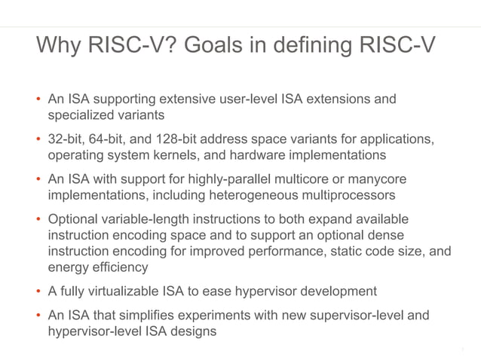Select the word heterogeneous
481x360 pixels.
(233, 195)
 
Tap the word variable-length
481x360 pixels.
(146, 219)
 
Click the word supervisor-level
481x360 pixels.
(351, 315)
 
